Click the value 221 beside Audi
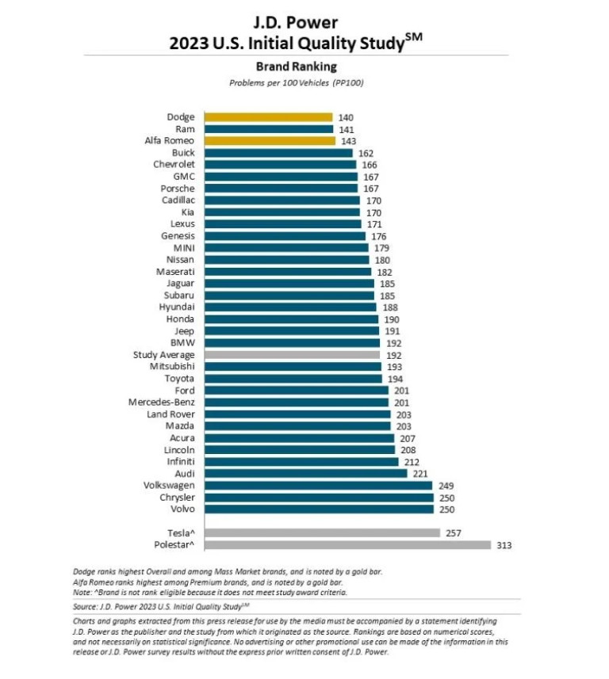pos(421,474)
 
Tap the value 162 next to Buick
pos(366,153)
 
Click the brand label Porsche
pos(177,189)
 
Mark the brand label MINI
pos(183,248)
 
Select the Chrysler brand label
pos(176,498)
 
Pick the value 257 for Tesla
pos(454,533)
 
